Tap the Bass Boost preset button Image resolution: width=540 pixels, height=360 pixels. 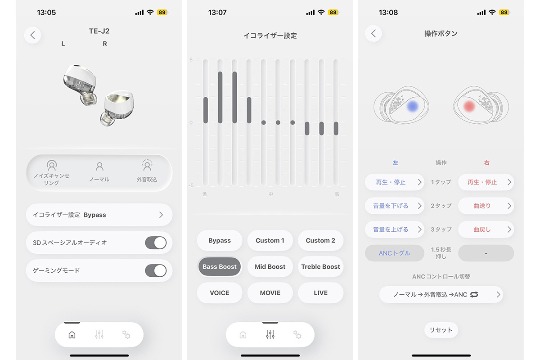click(220, 267)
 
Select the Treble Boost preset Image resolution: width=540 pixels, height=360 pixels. click(320, 267)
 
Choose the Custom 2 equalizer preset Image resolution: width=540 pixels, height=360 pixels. click(320, 240)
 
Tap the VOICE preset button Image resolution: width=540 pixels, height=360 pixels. click(220, 293)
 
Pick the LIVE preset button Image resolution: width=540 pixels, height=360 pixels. click(320, 293)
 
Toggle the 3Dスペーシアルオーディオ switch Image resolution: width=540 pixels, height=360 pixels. click(156, 243)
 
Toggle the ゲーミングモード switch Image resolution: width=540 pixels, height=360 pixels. click(156, 270)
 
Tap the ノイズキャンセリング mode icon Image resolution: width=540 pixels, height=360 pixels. click(52, 165)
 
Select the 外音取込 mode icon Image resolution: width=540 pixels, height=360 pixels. click(147, 165)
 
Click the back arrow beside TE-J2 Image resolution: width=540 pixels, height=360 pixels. click(32, 35)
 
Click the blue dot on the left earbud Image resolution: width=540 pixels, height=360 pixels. click(413, 106)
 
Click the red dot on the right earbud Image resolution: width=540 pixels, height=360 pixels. click(469, 106)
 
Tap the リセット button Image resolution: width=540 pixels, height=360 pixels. click(441, 330)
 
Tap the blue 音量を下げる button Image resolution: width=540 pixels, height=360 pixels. click(394, 206)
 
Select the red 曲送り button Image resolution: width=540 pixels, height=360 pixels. click(486, 206)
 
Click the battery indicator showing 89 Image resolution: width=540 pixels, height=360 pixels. click(162, 12)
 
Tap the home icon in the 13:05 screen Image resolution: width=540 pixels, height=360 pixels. click(72, 335)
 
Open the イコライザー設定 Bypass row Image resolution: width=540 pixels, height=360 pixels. click(99, 215)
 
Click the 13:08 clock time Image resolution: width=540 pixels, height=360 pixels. click(388, 12)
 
